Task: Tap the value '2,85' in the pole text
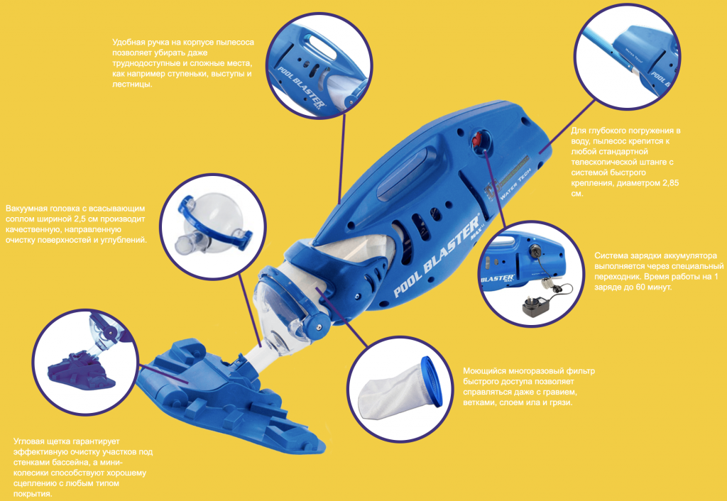coord(670,183)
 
